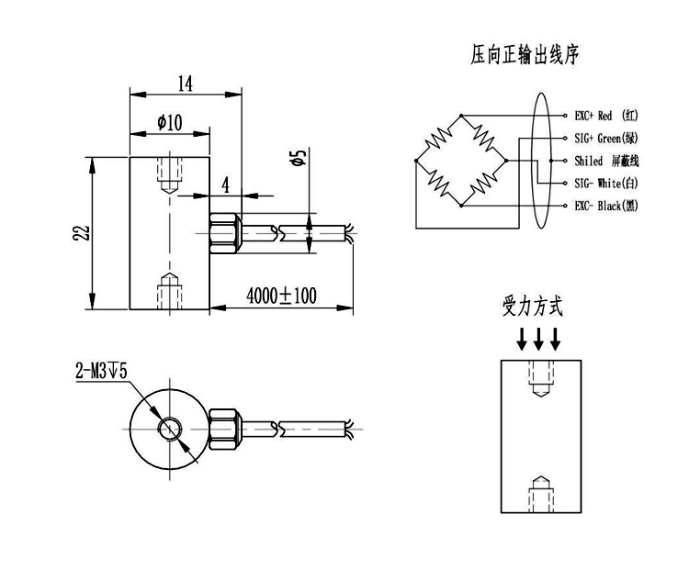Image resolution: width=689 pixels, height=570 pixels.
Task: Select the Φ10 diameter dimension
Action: coord(170,122)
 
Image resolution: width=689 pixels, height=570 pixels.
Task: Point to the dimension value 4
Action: coord(225,184)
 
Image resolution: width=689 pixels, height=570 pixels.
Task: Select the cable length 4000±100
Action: coord(280,296)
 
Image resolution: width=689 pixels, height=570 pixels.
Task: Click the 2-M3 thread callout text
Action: coord(102,372)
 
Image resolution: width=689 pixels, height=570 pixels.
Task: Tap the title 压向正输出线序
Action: coord(525,57)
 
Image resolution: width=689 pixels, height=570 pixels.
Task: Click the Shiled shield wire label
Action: coord(604,160)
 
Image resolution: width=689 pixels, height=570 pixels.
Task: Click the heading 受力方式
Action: coord(533,307)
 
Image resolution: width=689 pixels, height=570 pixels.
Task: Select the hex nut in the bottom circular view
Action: coord(225,429)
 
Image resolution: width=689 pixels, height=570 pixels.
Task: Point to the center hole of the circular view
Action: coord(170,429)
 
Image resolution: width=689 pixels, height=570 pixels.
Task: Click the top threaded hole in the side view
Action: coord(170,173)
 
